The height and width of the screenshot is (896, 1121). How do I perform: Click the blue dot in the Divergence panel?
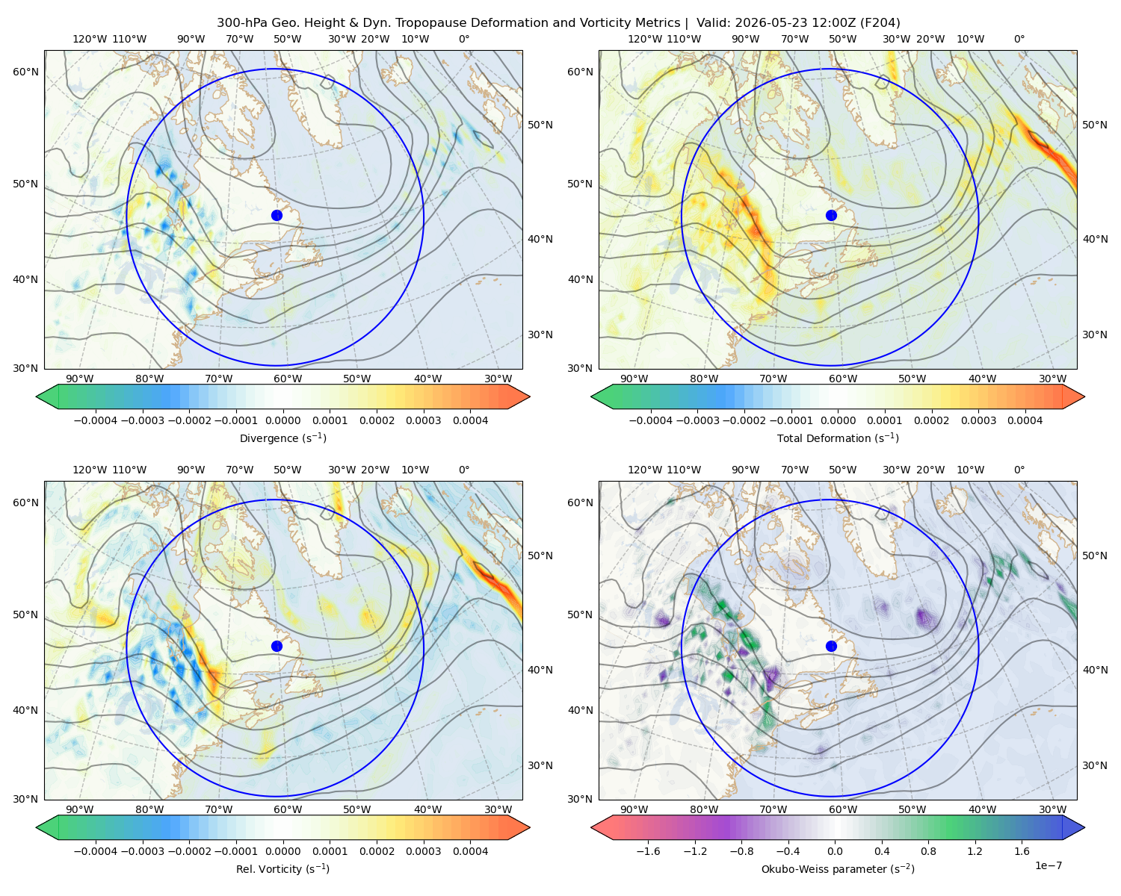coord(277,215)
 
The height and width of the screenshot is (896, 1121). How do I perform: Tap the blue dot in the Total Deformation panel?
coord(831,215)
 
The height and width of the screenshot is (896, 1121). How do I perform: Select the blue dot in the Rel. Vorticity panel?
coord(277,646)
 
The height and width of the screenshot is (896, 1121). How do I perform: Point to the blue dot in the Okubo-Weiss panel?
coord(831,646)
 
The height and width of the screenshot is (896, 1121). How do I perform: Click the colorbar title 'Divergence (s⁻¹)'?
coord(282,438)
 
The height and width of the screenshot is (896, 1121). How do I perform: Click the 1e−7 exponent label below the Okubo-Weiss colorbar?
coord(1048,866)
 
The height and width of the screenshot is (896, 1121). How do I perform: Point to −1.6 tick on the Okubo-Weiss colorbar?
coord(648,851)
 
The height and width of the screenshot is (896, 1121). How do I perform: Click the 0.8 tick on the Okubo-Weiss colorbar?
coord(928,851)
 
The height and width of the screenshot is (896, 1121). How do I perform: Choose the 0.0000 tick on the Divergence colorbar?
coord(282,420)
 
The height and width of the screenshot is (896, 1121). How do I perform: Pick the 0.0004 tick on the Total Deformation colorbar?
coord(1025,420)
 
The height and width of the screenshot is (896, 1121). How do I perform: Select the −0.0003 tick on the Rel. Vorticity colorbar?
coord(142,851)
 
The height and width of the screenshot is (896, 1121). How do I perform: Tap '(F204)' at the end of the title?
coord(880,23)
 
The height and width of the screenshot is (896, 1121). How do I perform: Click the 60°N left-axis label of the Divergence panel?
coord(25,72)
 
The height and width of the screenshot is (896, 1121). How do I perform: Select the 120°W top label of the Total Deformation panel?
coord(644,39)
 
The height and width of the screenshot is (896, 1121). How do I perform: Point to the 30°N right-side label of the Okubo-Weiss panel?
coord(1095,765)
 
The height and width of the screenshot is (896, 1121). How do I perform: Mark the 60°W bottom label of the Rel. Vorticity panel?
coord(288,809)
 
